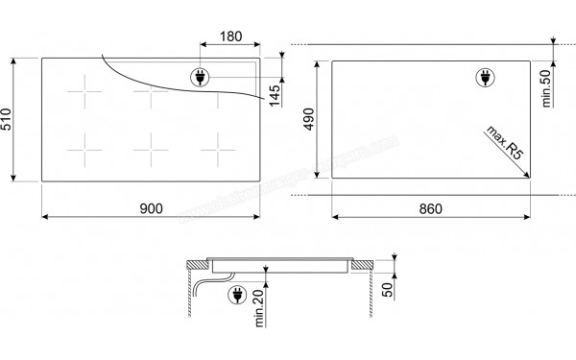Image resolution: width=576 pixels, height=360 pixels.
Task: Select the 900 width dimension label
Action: (152, 209)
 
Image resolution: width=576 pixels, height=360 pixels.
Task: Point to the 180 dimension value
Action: (229, 36)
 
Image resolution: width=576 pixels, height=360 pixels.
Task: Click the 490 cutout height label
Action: (309, 119)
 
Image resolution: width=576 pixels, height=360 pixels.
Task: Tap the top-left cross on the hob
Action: (84, 96)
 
